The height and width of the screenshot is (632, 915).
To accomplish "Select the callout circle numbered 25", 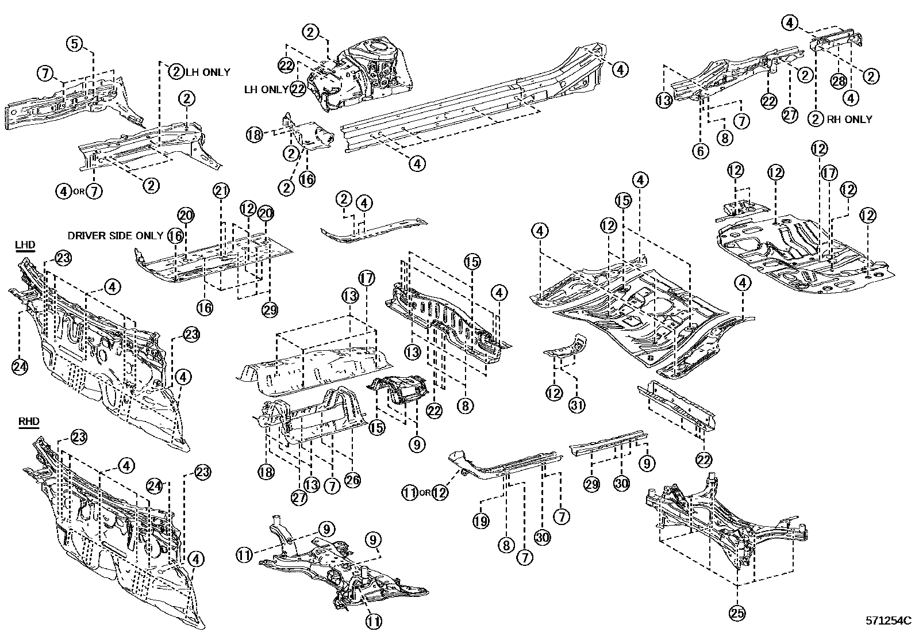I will pyautogui.click(x=737, y=614).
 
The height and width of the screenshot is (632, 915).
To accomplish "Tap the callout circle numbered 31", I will pyautogui.click(x=577, y=405).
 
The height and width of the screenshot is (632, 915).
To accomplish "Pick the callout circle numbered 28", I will pyautogui.click(x=839, y=82).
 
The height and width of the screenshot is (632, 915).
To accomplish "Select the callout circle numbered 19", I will pyautogui.click(x=481, y=521).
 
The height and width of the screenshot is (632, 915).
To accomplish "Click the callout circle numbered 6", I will pyautogui.click(x=700, y=151).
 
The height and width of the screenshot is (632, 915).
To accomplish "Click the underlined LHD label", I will pyautogui.click(x=26, y=245).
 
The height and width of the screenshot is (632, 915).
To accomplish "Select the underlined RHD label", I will pyautogui.click(x=29, y=422).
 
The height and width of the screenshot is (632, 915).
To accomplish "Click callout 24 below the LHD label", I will pyautogui.click(x=20, y=366).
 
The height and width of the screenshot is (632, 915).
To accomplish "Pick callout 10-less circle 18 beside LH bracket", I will pyautogui.click(x=253, y=135).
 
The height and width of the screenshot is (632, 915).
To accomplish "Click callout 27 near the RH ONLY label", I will pyautogui.click(x=790, y=114).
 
